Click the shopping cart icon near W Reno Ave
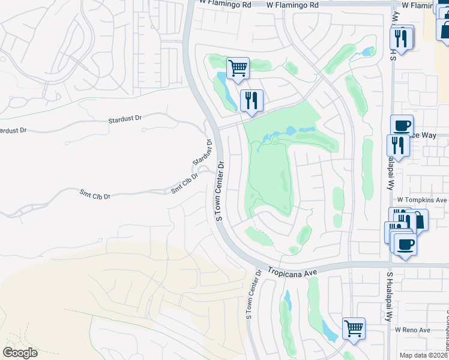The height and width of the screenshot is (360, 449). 354,328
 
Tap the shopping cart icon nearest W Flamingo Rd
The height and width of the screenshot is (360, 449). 238,68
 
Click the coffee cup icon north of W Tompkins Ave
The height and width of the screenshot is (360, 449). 402,125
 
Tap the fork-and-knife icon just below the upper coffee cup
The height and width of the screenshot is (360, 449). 398,146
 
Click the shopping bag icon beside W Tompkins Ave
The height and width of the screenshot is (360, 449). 418,220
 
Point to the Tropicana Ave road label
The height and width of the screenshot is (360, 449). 292,272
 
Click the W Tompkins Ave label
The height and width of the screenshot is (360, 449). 422,199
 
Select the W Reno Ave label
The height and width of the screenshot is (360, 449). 412,330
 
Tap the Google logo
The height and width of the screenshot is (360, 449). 20,352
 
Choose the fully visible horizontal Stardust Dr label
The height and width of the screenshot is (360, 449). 125,119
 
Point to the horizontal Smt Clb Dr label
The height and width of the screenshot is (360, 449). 95,195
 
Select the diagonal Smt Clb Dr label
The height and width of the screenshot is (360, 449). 184,182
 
